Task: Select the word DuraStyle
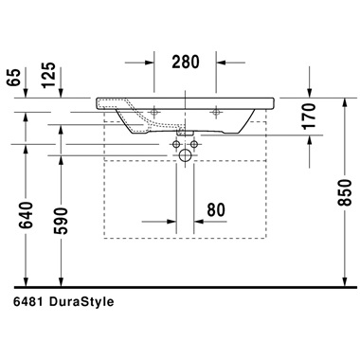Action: click(x=84, y=303)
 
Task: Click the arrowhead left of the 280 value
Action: click(x=145, y=64)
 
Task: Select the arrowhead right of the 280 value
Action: click(x=224, y=64)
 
